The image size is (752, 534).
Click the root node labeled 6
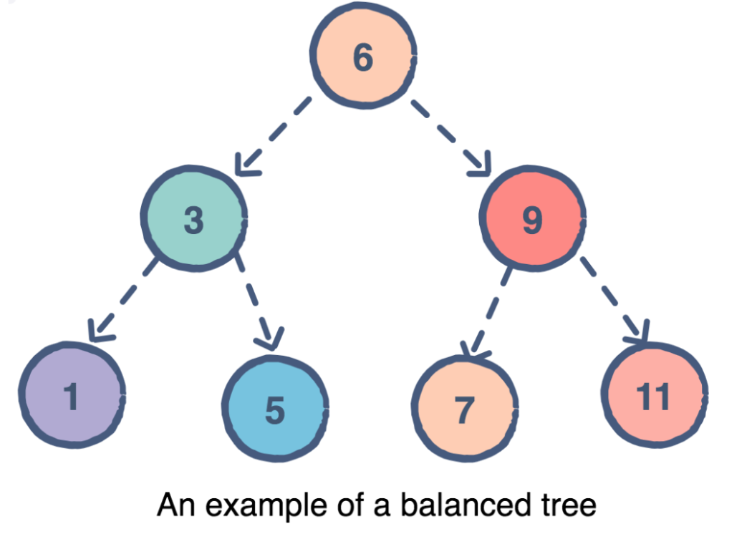[x=363, y=58]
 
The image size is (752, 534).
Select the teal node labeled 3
[x=194, y=219]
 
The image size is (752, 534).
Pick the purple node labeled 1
[x=72, y=396]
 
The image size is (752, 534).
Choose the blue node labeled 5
[x=276, y=409]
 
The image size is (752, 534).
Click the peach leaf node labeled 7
[x=465, y=409]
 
